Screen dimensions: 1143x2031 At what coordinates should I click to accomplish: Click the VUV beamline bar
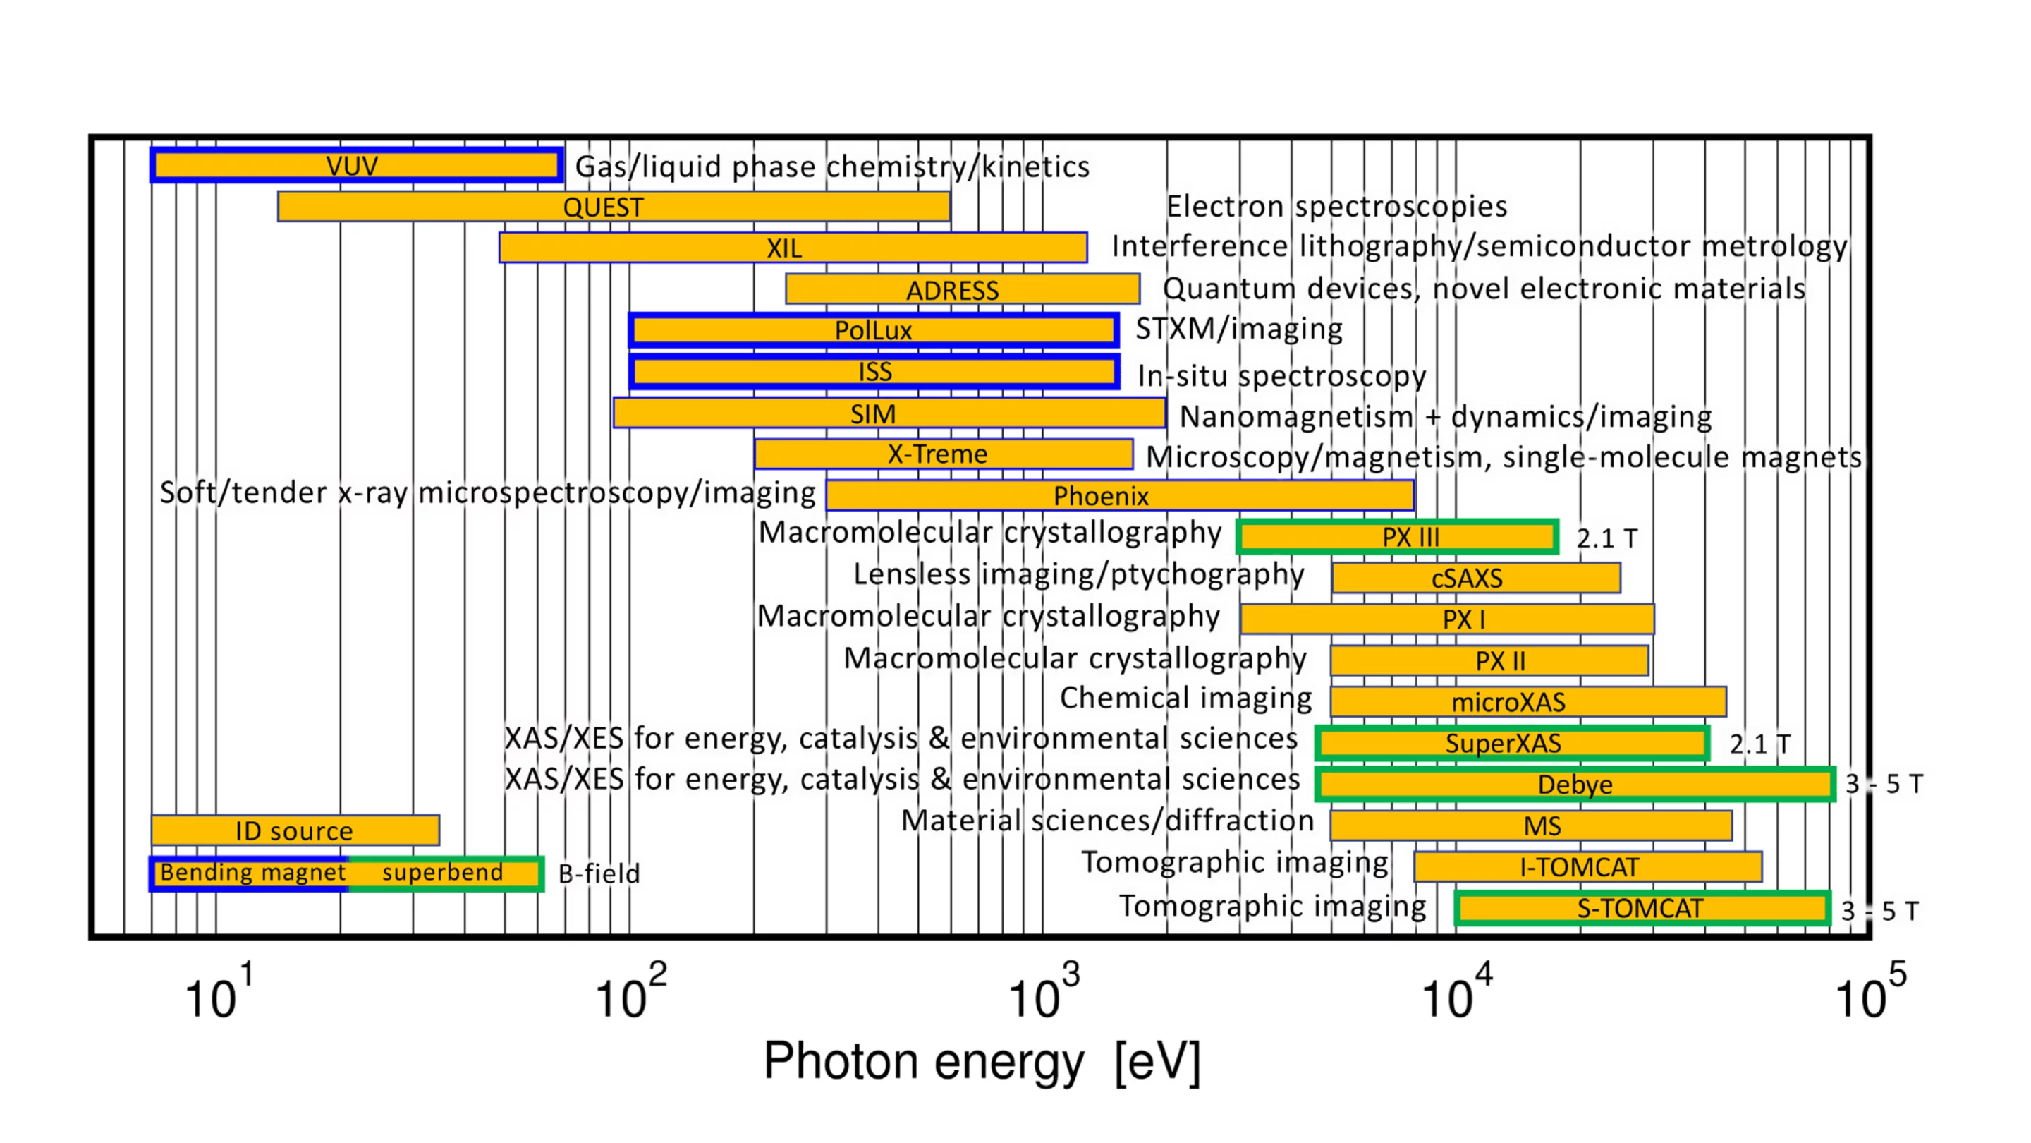[356, 166]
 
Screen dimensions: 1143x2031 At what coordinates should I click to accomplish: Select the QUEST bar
[614, 207]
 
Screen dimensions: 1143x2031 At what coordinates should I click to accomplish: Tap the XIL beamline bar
[793, 248]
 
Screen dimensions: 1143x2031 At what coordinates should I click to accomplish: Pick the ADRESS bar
[962, 289]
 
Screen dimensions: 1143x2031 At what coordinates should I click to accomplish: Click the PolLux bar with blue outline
[874, 330]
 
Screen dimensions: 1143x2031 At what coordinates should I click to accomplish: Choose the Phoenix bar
[1120, 495]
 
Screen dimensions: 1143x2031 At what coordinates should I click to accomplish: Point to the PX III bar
[1397, 537]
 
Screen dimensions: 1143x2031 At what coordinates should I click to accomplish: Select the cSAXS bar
[1476, 579]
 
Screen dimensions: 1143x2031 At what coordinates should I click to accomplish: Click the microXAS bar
[1528, 701]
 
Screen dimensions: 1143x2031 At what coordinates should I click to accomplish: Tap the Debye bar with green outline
[1575, 784]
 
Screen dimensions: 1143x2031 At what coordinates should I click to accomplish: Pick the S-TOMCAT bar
[1642, 908]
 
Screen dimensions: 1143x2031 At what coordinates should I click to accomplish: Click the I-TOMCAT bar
[1588, 867]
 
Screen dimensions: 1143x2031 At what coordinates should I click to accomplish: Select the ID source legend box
[295, 830]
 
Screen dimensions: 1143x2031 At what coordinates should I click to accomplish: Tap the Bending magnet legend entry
[252, 873]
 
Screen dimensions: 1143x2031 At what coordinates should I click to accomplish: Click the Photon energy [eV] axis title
[982, 1061]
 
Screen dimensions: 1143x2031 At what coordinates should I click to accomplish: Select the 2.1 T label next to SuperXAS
[1759, 744]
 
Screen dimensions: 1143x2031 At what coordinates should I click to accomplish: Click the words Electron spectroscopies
[1336, 207]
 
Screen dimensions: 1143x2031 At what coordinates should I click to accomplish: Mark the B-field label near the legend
[599, 873]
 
